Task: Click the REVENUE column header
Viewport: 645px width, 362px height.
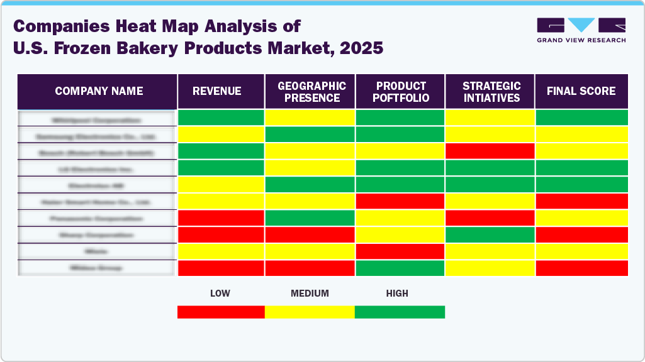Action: click(x=220, y=91)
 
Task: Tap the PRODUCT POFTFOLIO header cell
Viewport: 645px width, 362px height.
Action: click(x=401, y=92)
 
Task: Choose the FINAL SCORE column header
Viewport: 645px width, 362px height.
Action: click(x=581, y=91)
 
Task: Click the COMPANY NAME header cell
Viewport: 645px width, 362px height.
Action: click(x=98, y=91)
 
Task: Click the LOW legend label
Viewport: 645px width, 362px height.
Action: click(x=220, y=293)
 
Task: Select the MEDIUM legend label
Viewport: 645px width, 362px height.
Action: click(x=310, y=293)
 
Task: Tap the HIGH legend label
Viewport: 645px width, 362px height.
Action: click(x=397, y=293)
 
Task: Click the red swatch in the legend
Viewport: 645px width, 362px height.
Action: click(x=221, y=312)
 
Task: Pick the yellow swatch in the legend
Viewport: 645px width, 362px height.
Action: click(x=310, y=312)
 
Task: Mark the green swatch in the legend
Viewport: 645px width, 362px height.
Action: click(x=400, y=312)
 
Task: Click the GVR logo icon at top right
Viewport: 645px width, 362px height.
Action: click(x=581, y=26)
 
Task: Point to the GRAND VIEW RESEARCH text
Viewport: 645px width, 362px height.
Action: click(x=581, y=40)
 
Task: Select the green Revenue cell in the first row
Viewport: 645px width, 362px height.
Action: click(x=221, y=118)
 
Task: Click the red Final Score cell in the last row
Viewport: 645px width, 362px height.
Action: click(x=581, y=268)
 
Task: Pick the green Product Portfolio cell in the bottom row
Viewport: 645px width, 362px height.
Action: click(x=401, y=268)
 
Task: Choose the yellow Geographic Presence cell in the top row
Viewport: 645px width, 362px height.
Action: click(x=310, y=118)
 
